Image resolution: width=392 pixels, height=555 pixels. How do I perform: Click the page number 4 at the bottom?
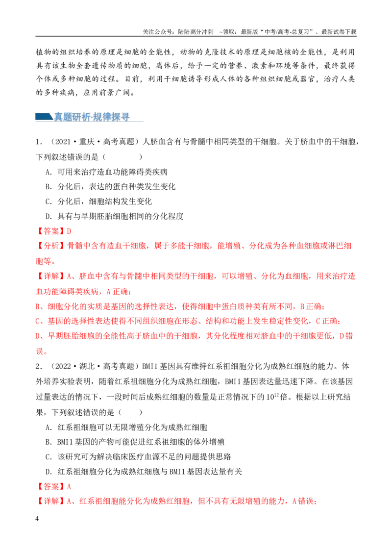[37, 519]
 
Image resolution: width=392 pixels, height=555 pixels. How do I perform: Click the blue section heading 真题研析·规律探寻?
[92, 117]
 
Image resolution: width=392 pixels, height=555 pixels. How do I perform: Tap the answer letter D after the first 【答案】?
[69, 231]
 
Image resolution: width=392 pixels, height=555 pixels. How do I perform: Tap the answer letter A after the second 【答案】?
[69, 486]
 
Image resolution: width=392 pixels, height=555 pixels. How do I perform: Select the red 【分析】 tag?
[51, 246]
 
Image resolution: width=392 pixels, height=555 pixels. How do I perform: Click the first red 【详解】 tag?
[51, 276]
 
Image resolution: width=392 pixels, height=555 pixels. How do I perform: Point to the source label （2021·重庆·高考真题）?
[93, 142]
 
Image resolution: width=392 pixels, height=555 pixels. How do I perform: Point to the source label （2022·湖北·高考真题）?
[93, 366]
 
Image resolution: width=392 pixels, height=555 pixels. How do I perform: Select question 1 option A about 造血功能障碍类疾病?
[106, 172]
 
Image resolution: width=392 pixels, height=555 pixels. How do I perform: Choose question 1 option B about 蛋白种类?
[110, 186]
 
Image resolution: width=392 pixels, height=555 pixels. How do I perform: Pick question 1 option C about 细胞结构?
[98, 202]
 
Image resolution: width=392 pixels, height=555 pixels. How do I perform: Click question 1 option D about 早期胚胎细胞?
[115, 216]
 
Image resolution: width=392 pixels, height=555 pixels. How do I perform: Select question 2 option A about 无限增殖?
[126, 427]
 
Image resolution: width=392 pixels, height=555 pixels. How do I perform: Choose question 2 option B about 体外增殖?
[135, 442]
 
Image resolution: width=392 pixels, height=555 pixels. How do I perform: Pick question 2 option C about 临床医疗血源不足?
[138, 456]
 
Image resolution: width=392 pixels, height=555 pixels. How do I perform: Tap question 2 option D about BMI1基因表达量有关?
[144, 472]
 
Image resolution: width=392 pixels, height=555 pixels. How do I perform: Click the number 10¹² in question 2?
[272, 396]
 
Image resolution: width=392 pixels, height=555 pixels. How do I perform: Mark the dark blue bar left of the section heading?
[44, 117]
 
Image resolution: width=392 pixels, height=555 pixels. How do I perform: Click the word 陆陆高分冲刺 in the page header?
[196, 32]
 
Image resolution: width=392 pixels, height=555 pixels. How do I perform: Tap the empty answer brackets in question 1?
[122, 157]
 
